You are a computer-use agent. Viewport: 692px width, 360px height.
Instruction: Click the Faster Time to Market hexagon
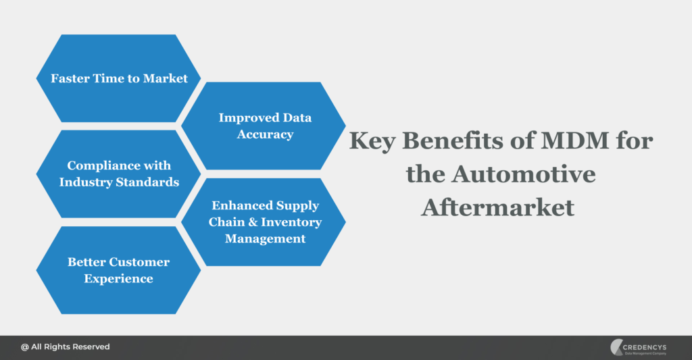pyautogui.click(x=118, y=78)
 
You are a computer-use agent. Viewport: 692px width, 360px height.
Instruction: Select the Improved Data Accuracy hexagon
pyautogui.click(x=264, y=126)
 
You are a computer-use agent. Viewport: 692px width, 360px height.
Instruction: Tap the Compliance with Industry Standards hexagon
pyautogui.click(x=118, y=174)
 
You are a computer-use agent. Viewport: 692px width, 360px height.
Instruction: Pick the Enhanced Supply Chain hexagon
pyautogui.click(x=264, y=222)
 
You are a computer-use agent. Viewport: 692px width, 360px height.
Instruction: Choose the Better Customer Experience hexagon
pyautogui.click(x=118, y=269)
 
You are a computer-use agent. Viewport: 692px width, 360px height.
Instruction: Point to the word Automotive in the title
pyautogui.click(x=524, y=174)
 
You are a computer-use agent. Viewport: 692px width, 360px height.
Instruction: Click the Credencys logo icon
pyautogui.click(x=617, y=347)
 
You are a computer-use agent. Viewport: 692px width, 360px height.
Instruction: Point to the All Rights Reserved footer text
pyautogui.click(x=70, y=346)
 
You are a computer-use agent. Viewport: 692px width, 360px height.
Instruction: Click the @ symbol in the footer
pyautogui.click(x=25, y=346)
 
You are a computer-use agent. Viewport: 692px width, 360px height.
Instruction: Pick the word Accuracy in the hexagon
pyautogui.click(x=265, y=134)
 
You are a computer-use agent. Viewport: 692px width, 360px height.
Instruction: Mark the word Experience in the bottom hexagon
pyautogui.click(x=119, y=278)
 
